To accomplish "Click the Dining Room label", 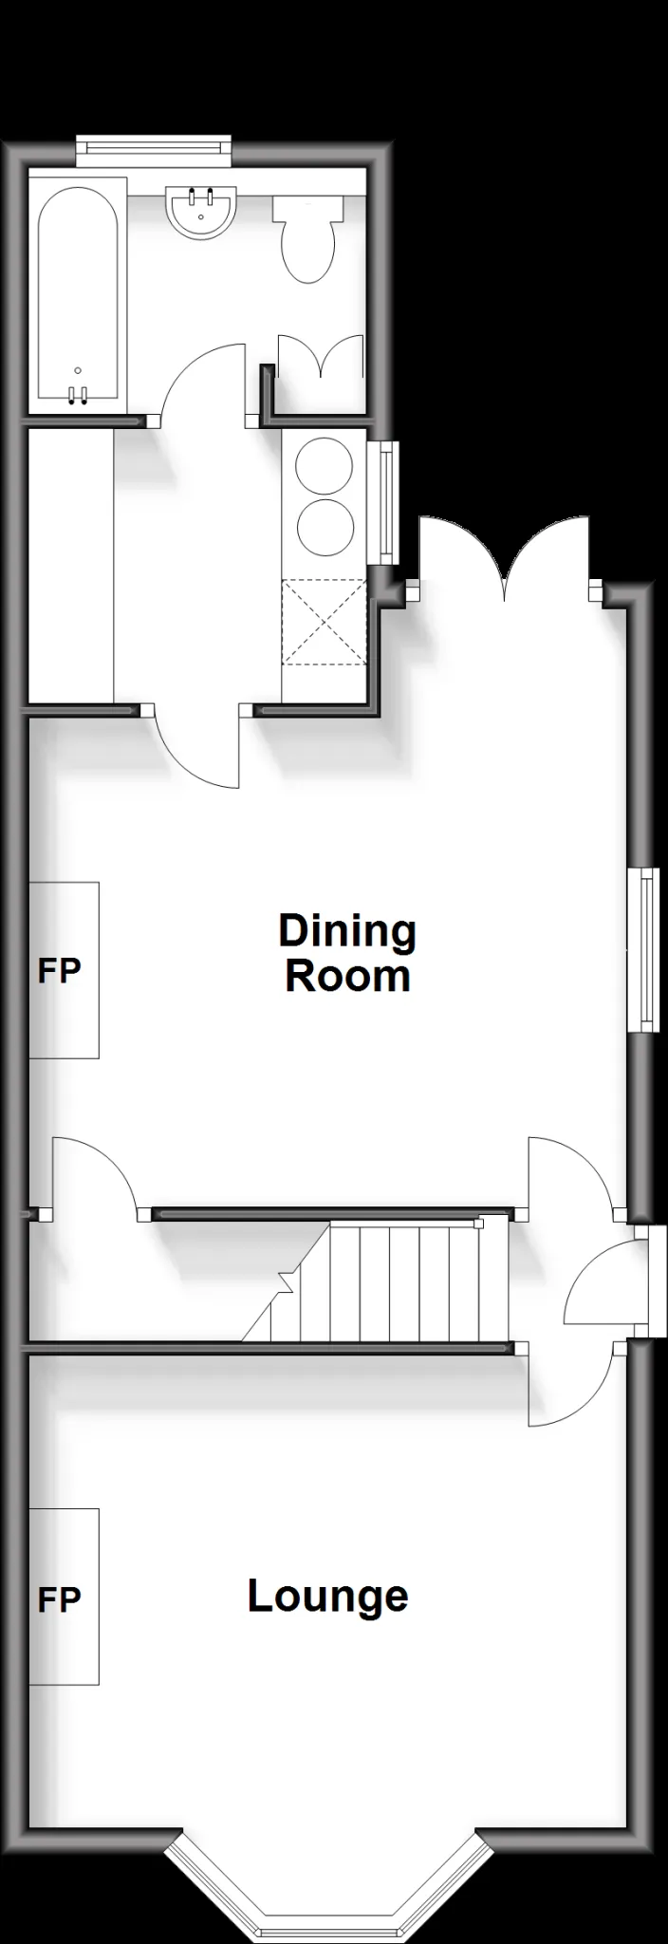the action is (x=347, y=953).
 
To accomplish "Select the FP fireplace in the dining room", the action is (x=64, y=970).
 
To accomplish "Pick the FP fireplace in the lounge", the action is (x=64, y=1597).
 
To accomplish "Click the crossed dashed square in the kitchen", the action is (x=325, y=623).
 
